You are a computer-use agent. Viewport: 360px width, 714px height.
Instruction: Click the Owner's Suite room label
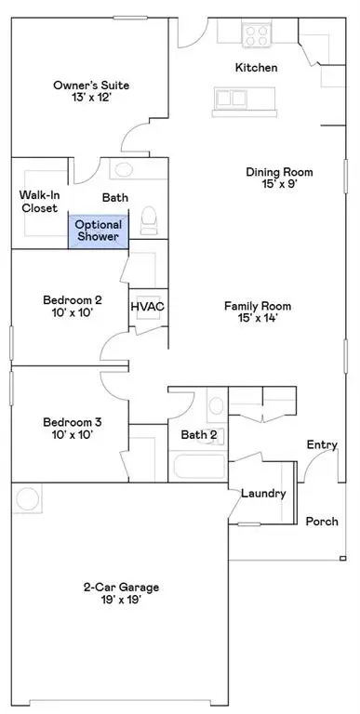pos(90,86)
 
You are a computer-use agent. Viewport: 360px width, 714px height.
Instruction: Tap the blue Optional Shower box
pos(98,231)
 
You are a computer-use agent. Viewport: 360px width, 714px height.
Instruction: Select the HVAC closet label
pos(147,306)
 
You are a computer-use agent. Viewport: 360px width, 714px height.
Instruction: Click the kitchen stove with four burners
pos(256,34)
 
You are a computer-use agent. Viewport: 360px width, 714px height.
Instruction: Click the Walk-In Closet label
pos(39,202)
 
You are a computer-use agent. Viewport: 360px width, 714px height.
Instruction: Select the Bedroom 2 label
pos(72,300)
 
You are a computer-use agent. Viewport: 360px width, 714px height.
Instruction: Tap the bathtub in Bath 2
pos(196,464)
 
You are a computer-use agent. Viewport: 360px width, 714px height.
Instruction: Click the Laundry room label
pos(263,493)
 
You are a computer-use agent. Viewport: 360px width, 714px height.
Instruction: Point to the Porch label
pos(322,521)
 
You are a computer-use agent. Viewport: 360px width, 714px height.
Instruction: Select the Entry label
pos(322,445)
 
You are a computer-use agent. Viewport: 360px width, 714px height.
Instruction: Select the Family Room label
pos(258,306)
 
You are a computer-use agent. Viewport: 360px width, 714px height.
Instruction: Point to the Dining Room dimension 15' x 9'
pos(279,184)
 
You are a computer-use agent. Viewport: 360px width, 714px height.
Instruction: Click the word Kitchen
pos(255,67)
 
